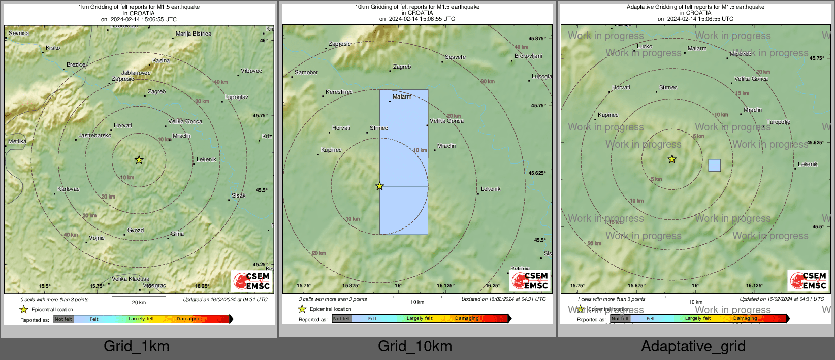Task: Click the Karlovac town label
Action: point(69,189)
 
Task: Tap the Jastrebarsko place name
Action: point(94,136)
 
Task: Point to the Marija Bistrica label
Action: point(194,34)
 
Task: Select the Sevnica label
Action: point(19,33)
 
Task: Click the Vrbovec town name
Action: point(251,71)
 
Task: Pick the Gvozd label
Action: point(136,230)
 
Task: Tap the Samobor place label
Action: point(306,72)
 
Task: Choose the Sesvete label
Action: point(455,57)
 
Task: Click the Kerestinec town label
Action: point(339,92)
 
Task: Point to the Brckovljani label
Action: point(528,56)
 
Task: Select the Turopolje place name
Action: point(778,122)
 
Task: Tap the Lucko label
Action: point(645,46)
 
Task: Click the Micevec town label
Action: point(741,53)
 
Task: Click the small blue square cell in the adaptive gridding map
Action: point(714,165)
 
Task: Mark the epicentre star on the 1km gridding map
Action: point(139,160)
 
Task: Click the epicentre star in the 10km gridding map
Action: point(379,186)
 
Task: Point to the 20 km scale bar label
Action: point(139,302)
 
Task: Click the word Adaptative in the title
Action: point(642,7)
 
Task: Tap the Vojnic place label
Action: point(97,238)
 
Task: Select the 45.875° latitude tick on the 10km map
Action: point(537,38)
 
